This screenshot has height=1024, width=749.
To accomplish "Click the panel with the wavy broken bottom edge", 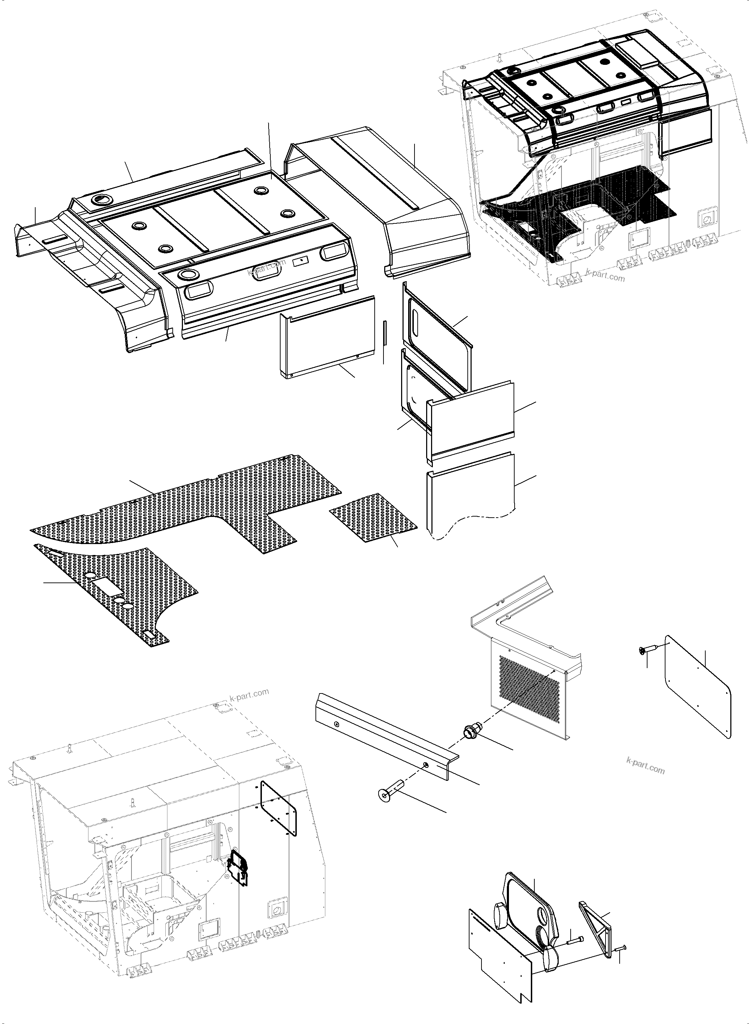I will click(472, 499).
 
